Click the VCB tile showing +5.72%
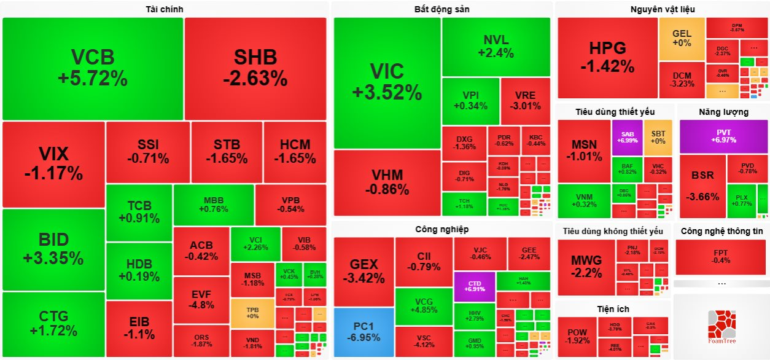(x=93, y=68)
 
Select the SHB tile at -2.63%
(x=255, y=68)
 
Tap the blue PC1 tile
(x=364, y=332)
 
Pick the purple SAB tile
(x=627, y=137)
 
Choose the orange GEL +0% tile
(x=682, y=38)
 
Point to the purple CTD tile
(x=474, y=285)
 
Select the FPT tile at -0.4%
(x=721, y=257)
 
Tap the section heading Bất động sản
(x=442, y=9)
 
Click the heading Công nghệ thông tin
(x=721, y=231)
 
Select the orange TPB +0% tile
(x=252, y=312)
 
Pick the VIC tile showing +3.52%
(x=387, y=82)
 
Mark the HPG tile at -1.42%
(x=607, y=57)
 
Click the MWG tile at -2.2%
(x=586, y=267)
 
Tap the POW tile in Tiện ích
(x=577, y=337)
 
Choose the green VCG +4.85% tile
(x=424, y=305)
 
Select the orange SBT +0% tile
(x=658, y=137)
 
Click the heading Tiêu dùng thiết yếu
(x=615, y=112)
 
